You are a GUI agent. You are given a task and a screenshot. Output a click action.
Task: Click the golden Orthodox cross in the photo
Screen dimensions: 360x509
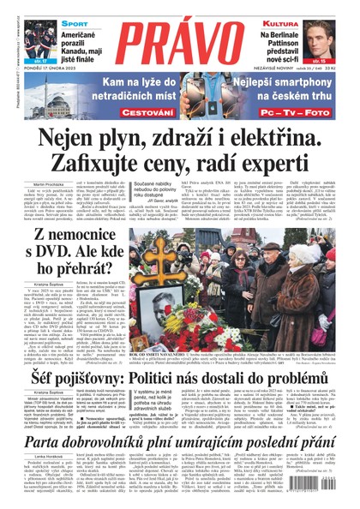168,256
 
